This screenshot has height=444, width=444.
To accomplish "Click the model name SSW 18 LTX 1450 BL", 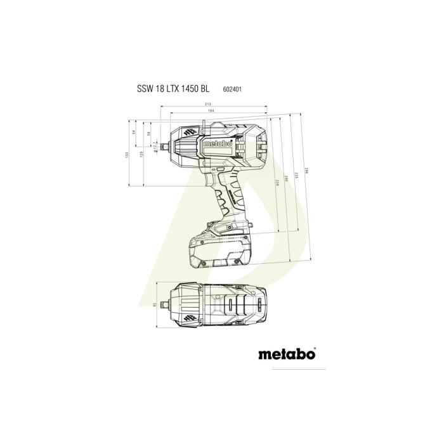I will point(173,89).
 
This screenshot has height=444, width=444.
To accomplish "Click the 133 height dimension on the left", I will point(127,154).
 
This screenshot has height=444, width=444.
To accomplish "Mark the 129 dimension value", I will point(141,154).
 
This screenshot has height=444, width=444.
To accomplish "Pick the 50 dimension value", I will point(148,133).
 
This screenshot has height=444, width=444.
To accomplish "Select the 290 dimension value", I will point(286,181).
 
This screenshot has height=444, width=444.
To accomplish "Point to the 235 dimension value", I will point(296,178).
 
